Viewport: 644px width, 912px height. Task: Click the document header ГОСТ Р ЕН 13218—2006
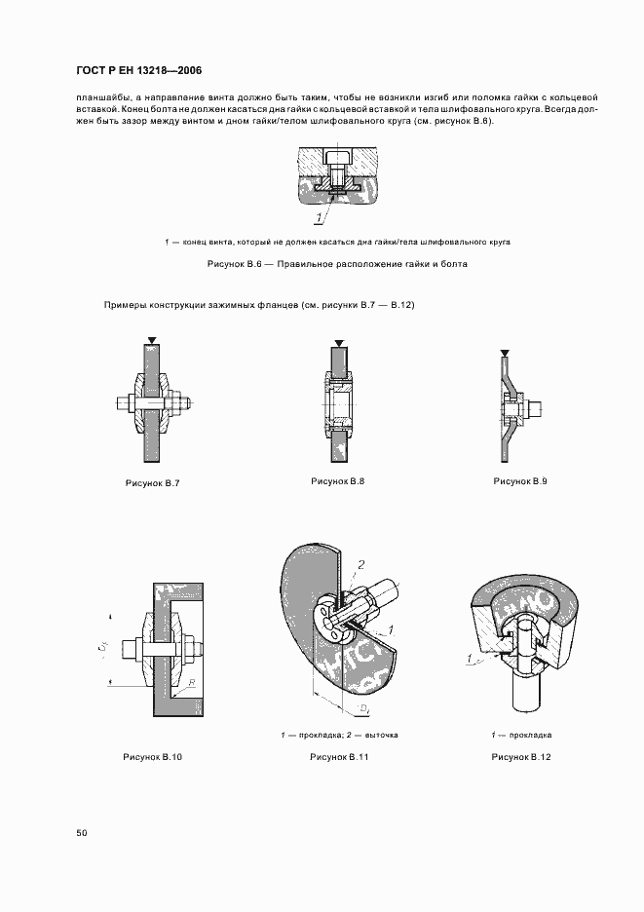click(137, 71)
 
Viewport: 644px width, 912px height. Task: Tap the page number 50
click(82, 833)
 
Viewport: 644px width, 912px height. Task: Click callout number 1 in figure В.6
click(318, 216)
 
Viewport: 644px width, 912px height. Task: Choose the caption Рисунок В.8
click(337, 481)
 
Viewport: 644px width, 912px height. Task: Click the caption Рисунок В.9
click(520, 481)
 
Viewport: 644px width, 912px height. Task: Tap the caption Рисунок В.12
click(521, 756)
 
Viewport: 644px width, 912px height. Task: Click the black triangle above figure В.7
click(149, 343)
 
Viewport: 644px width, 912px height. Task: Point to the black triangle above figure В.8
click(337, 343)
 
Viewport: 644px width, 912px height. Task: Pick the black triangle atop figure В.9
click(503, 353)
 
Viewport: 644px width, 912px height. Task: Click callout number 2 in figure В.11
click(360, 564)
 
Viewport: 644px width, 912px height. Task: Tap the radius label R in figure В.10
click(192, 685)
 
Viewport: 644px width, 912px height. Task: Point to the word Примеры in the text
click(124, 306)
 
